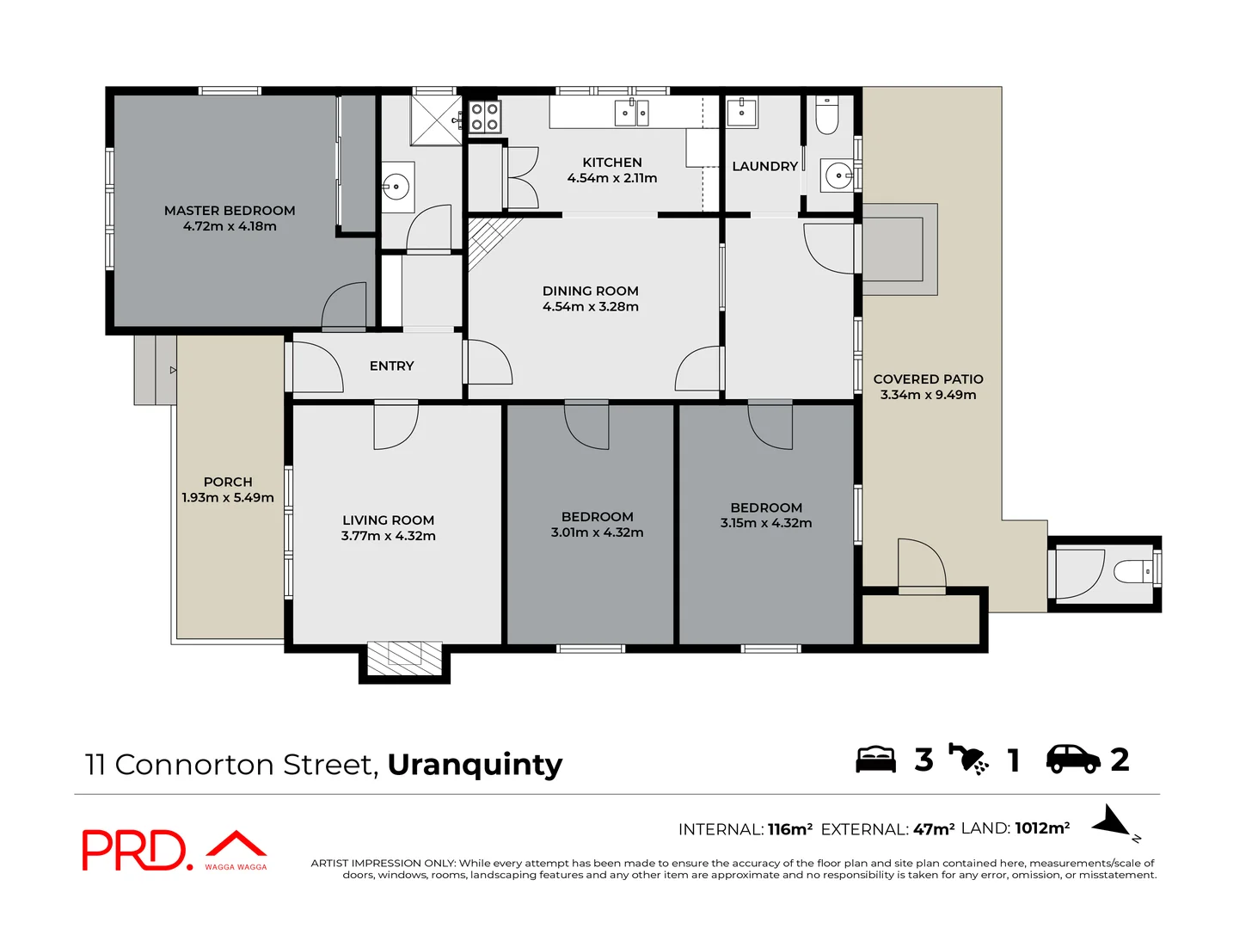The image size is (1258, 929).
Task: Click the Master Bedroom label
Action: tap(230, 211)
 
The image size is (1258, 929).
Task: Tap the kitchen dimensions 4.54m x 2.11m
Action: tap(611, 178)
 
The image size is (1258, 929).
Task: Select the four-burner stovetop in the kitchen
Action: tap(485, 117)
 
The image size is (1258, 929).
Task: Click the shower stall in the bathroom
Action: tap(437, 120)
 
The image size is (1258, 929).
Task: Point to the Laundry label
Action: tap(764, 166)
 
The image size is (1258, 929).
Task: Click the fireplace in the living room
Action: tap(404, 659)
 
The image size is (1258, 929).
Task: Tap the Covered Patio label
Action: tap(928, 379)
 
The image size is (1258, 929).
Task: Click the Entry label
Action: tap(391, 366)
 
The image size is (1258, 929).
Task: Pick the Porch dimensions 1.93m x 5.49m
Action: tap(228, 498)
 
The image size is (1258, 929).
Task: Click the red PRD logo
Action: tap(134, 851)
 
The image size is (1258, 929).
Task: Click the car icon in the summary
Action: tap(1072, 759)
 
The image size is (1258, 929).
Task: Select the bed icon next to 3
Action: tap(875, 760)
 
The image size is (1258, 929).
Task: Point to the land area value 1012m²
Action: tap(1042, 828)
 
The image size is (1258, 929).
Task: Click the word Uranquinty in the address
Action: tap(475, 764)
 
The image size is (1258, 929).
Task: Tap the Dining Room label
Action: tap(590, 292)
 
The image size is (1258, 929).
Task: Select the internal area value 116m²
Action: tap(789, 829)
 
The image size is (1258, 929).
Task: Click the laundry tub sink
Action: tap(741, 112)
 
